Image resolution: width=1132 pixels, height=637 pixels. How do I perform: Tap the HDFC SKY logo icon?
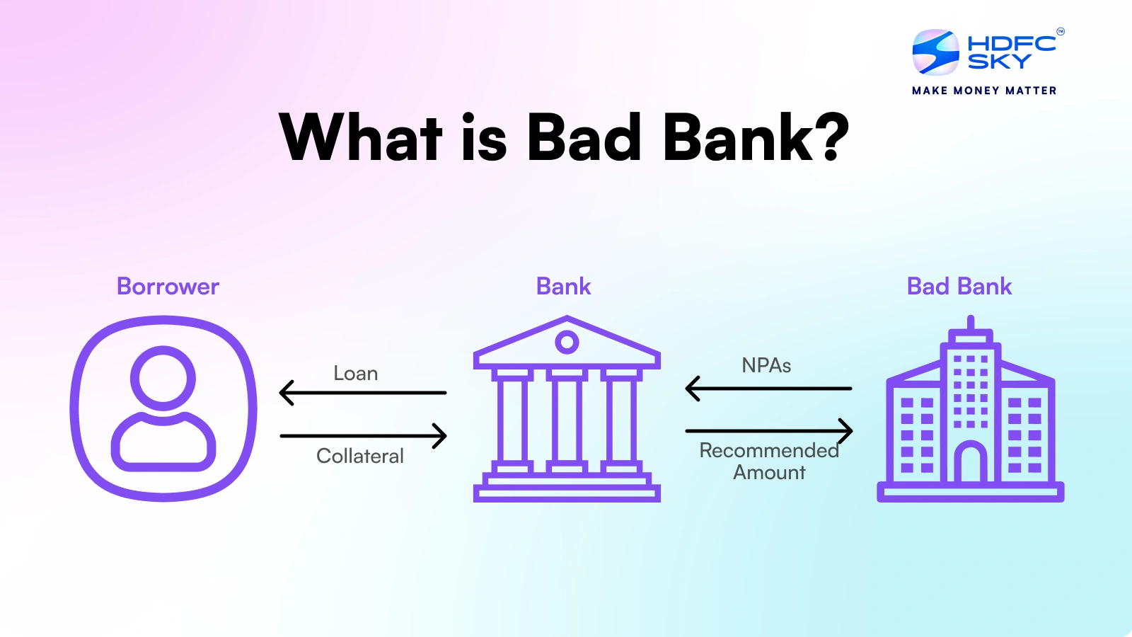coord(935,52)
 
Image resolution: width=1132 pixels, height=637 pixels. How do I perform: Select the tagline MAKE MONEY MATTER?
coord(984,91)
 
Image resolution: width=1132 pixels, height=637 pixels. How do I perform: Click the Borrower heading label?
coord(168,287)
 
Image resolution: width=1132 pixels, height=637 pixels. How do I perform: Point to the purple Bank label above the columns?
coord(563,287)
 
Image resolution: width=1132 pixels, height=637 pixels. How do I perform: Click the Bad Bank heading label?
coord(959,287)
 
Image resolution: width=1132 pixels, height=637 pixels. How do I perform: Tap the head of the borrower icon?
coord(163,377)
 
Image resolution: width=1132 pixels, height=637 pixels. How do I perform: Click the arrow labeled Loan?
coord(362,392)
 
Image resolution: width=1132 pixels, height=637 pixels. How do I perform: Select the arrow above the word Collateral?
coord(362,435)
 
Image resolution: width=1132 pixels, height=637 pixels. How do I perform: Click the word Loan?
coord(355,374)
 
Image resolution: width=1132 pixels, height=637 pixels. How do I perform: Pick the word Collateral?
coord(359,457)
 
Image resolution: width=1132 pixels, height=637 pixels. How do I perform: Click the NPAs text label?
coord(766,366)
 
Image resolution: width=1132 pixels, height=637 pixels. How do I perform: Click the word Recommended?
coord(768,451)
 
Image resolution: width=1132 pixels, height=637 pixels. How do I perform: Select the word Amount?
coord(769,473)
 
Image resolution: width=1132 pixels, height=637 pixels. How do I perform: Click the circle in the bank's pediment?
coord(567,343)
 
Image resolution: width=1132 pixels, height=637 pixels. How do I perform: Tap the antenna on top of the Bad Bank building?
coord(971,323)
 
